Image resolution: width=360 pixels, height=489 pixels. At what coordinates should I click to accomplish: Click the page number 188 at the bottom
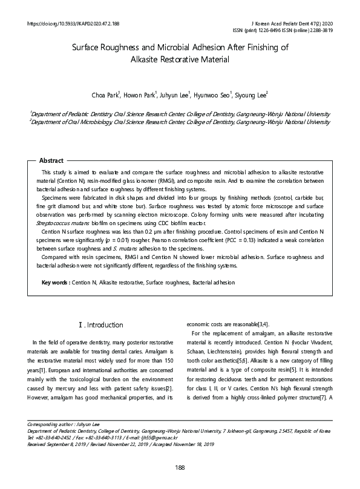(x=180, y=467)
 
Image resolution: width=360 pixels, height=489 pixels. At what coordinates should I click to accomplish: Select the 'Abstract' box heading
(x=51, y=160)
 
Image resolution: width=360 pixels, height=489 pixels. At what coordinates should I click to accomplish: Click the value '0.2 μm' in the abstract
(x=162, y=231)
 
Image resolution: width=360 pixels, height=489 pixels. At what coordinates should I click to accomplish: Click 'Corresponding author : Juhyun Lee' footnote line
(x=62, y=424)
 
